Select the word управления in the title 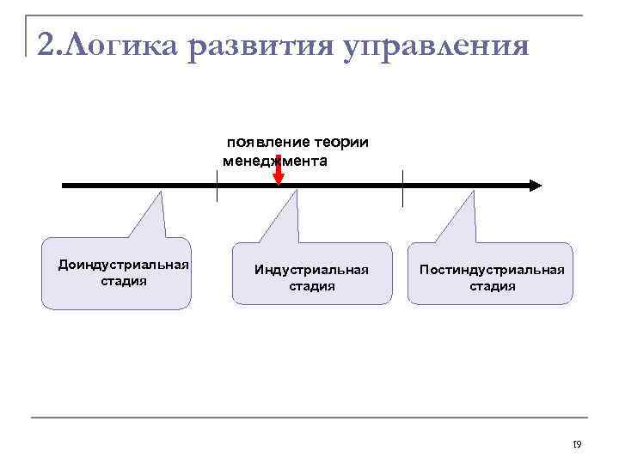434,44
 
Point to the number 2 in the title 47,44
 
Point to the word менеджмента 274,161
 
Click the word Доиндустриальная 123,264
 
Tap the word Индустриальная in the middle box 311,270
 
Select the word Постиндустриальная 492,270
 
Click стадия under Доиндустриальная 123,280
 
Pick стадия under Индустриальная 311,286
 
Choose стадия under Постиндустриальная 492,286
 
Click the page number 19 576,444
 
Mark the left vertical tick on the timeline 217,186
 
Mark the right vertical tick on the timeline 402,188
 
